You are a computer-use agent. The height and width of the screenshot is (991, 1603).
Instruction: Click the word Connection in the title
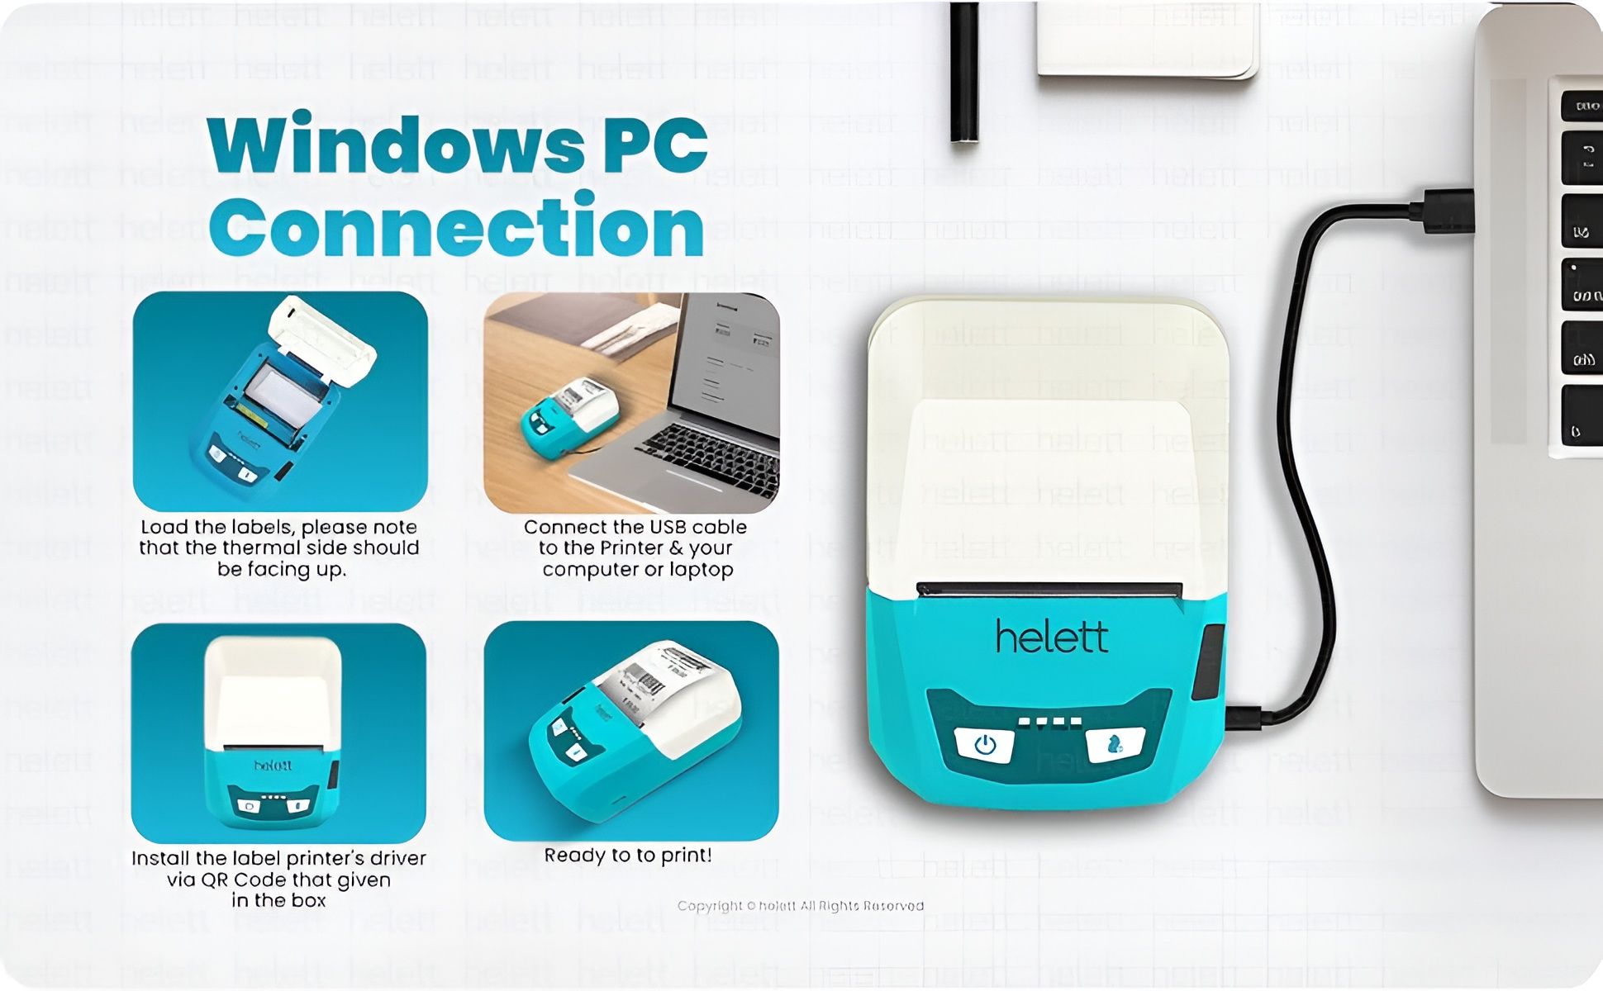click(x=456, y=226)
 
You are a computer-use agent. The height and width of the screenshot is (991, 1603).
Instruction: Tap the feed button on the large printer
click(x=1115, y=745)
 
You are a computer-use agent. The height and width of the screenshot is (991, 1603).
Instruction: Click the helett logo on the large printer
click(x=1051, y=637)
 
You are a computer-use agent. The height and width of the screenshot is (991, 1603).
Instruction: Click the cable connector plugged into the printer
click(x=1244, y=717)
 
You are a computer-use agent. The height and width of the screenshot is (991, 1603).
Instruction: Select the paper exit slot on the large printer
click(x=1049, y=590)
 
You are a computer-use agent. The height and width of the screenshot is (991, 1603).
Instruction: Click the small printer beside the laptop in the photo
click(x=569, y=418)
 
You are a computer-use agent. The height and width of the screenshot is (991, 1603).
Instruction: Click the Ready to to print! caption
click(x=628, y=856)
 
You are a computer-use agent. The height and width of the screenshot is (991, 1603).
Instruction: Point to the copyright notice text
click(x=800, y=906)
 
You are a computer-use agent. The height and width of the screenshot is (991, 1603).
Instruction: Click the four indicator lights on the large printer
click(x=1049, y=723)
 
